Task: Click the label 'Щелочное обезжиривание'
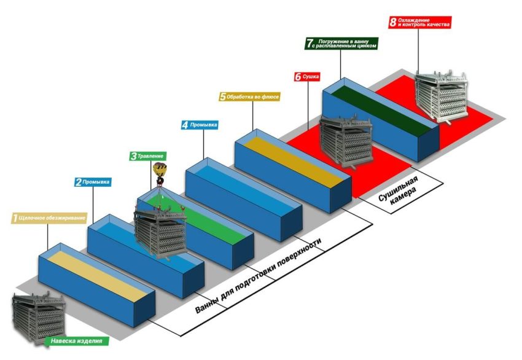[x=49, y=218]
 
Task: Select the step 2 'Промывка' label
[x=93, y=182]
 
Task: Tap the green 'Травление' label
[x=148, y=156]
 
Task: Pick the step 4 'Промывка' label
[x=200, y=125]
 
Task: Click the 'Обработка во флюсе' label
[x=249, y=96]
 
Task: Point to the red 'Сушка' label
[x=307, y=77]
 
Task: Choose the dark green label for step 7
[x=341, y=43]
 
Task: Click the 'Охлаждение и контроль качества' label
[x=420, y=22]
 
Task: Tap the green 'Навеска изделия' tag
[x=77, y=341]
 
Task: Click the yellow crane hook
[x=160, y=173]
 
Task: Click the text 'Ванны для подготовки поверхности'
[x=259, y=276]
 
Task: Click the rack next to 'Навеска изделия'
[x=39, y=318]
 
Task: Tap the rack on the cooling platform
[x=442, y=96]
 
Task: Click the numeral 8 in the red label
[x=393, y=22]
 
